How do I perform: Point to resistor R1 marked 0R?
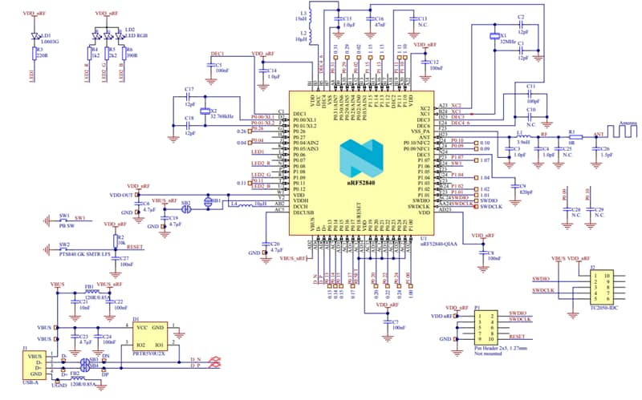[571, 137]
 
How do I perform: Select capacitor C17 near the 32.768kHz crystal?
[189, 96]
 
